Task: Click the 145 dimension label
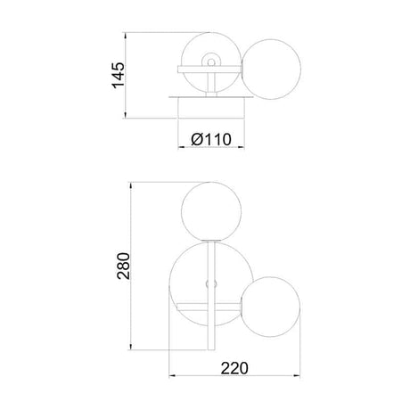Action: click(119, 76)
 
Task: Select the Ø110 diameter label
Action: click(211, 139)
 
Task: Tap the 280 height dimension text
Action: click(124, 266)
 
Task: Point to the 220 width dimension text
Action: click(234, 368)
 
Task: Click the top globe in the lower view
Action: click(211, 211)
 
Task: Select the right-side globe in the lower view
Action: click(271, 307)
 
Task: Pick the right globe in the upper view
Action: click(272, 70)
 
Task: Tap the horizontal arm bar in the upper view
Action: click(209, 70)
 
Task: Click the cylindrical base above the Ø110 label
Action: click(210, 108)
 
